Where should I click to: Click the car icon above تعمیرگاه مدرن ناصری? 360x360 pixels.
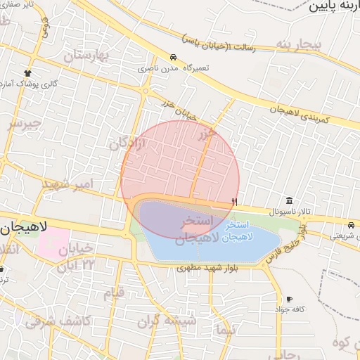point(173,58)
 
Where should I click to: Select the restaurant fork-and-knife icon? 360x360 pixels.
point(234,202)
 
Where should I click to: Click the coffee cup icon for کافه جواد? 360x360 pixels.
point(289,299)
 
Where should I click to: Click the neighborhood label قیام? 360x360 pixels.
point(113,292)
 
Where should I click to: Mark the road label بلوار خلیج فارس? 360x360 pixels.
point(287,243)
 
